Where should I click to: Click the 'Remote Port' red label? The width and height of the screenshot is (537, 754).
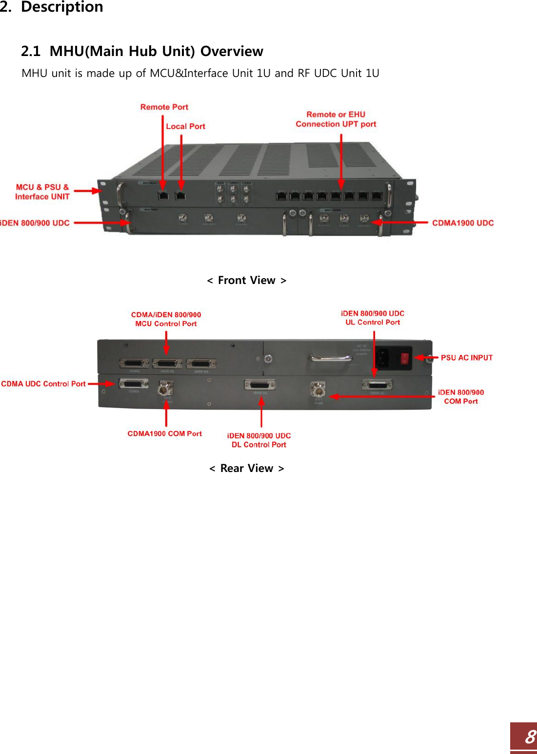pyautogui.click(x=164, y=107)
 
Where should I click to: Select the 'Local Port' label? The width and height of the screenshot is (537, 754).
pyautogui.click(x=185, y=127)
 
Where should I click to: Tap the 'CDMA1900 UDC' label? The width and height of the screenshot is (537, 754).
pyautogui.click(x=462, y=223)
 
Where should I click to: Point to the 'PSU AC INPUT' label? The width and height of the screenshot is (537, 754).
pyautogui.click(x=466, y=358)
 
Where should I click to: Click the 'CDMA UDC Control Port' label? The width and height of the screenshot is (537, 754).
pyautogui.click(x=43, y=384)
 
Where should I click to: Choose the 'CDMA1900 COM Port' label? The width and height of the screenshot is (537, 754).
pyautogui.click(x=164, y=434)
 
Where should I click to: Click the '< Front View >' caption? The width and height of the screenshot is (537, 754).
pyautogui.click(x=247, y=281)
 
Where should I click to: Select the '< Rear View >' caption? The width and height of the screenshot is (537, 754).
pyautogui.click(x=247, y=469)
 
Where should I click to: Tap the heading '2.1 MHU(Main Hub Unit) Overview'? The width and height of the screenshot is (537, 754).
pyautogui.click(x=142, y=51)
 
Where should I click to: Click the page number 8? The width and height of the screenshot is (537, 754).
pyautogui.click(x=530, y=737)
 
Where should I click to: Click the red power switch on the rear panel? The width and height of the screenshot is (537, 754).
pyautogui.click(x=404, y=359)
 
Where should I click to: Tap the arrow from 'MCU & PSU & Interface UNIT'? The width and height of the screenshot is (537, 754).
pyautogui.click(x=87, y=191)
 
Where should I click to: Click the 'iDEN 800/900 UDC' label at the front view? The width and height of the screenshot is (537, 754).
pyautogui.click(x=35, y=223)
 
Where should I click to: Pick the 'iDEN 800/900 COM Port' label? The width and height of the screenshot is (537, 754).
pyautogui.click(x=460, y=396)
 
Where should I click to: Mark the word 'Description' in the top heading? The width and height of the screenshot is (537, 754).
pyautogui.click(x=62, y=7)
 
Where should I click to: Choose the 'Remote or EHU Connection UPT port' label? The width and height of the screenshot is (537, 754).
pyautogui.click(x=336, y=119)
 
